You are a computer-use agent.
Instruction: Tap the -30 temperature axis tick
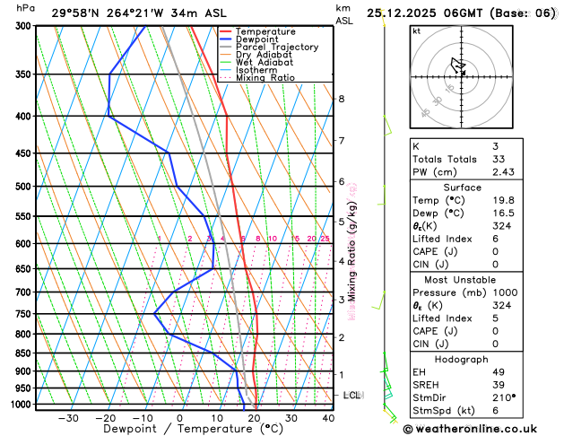pyautogui.click(x=68, y=418)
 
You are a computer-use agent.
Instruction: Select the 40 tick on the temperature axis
pyautogui.click(x=328, y=418)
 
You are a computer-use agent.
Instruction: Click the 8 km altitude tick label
pyautogui.click(x=341, y=99)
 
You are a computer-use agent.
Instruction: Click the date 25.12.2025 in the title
pyautogui.click(x=413, y=13)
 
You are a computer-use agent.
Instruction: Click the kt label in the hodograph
pyautogui.click(x=416, y=31)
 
